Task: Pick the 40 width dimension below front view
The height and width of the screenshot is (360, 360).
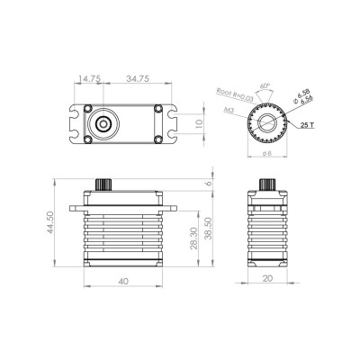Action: coord(121,281)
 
